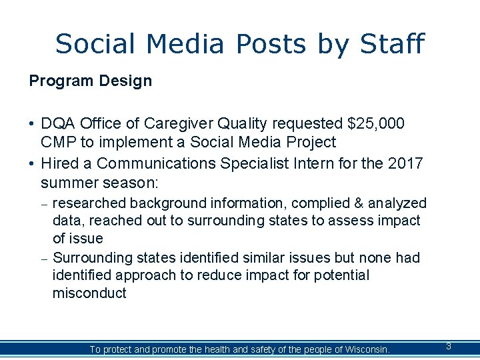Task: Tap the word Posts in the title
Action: click(x=270, y=44)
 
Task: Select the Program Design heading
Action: click(x=90, y=81)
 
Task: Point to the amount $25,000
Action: click(x=376, y=124)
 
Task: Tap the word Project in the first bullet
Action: click(x=311, y=142)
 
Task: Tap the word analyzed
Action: click(x=398, y=203)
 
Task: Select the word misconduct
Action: click(x=89, y=293)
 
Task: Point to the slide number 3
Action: click(x=448, y=347)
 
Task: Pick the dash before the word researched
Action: click(x=43, y=204)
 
